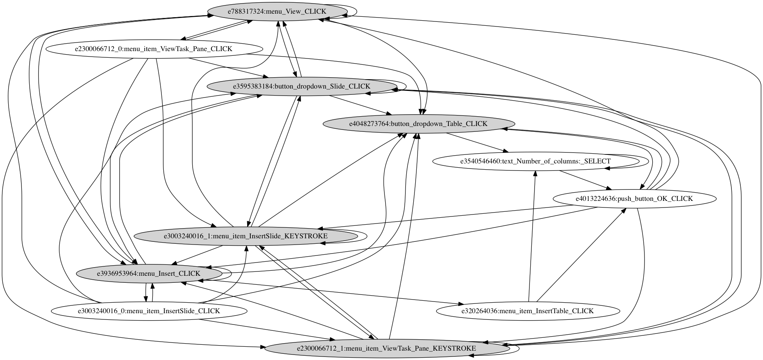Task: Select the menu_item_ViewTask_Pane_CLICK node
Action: click(154, 49)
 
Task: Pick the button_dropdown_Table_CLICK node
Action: click(418, 124)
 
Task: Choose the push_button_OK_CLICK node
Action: click(634, 199)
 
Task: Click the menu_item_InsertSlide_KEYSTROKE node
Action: click(245, 236)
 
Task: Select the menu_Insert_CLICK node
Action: click(149, 273)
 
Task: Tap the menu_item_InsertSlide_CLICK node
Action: click(149, 311)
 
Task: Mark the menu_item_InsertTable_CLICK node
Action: click(527, 311)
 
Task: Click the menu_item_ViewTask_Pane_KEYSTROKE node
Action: click(386, 348)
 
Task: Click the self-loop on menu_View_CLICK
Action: click(356, 11)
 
